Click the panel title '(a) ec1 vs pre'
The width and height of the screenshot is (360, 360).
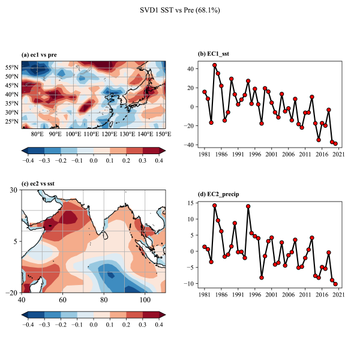[x=40, y=55]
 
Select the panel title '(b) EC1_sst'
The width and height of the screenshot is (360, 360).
[x=214, y=55]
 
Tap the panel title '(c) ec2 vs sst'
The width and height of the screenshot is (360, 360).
[x=39, y=183]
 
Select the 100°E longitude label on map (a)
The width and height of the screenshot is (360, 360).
[x=74, y=134]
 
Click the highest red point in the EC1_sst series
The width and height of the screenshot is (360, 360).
[x=215, y=65]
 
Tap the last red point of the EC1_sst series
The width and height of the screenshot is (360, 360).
[x=335, y=144]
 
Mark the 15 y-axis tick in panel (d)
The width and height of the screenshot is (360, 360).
[x=193, y=203]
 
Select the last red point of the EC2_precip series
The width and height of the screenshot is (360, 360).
[x=335, y=284]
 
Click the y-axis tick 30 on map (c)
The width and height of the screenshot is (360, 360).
[x=13, y=190]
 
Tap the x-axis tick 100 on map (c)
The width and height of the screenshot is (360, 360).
[x=145, y=299]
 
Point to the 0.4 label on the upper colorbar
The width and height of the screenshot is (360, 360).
[x=159, y=161]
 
